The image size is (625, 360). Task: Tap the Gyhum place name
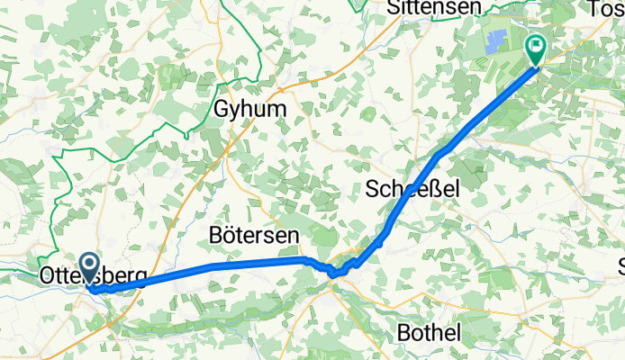(x=250, y=109)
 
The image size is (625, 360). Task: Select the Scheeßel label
(x=413, y=189)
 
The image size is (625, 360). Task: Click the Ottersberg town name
(x=93, y=276)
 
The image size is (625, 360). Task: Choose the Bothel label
(x=429, y=332)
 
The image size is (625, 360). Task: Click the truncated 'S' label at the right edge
(x=620, y=265)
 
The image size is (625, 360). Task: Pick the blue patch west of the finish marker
(x=494, y=40)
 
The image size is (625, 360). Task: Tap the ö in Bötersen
(x=226, y=234)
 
